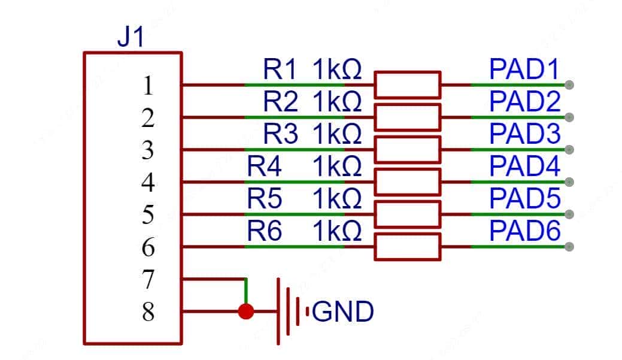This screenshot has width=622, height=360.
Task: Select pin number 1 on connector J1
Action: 148,86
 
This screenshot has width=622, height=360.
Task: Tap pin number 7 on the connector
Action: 148,280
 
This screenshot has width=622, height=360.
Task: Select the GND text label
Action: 343,311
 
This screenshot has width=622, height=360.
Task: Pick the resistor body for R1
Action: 407,84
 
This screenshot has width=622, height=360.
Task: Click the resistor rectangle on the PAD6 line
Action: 407,246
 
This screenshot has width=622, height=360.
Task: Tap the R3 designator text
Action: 281,135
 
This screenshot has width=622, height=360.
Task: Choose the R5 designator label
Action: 264,199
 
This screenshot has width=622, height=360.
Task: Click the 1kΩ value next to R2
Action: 337,102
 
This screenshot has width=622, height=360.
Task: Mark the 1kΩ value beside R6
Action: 337,232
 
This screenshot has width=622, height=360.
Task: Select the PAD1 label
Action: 524,70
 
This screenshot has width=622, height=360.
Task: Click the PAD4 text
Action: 524,167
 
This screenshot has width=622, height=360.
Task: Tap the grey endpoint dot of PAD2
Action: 569,117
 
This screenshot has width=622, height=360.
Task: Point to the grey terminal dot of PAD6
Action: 569,246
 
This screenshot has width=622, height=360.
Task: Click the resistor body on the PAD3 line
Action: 407,149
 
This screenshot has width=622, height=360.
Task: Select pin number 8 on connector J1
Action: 148,312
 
